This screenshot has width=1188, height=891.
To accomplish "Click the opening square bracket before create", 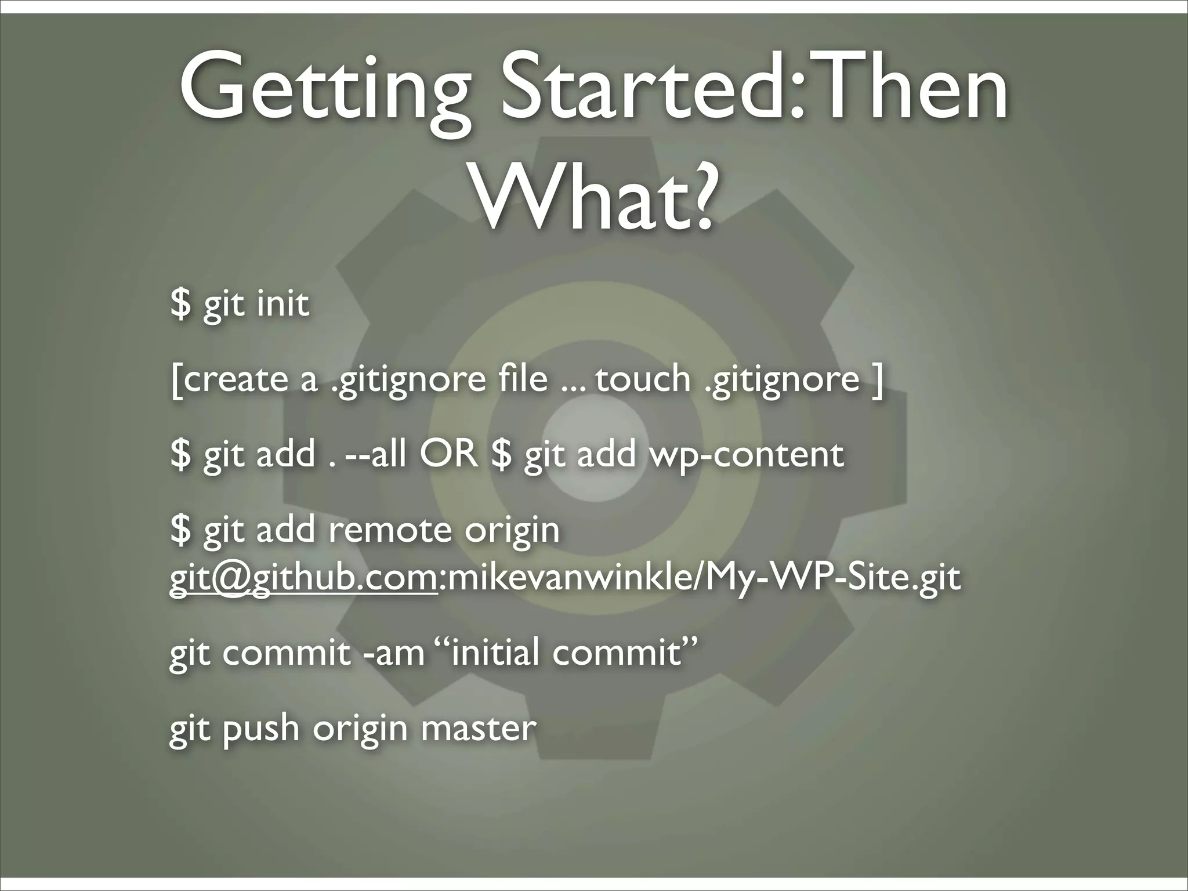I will [x=175, y=380].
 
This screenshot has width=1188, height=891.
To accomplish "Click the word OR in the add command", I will [x=449, y=454].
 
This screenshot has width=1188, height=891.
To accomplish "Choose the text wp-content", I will [x=747, y=455].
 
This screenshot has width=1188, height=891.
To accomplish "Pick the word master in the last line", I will [x=478, y=728].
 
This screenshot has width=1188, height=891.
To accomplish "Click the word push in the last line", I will [x=261, y=729].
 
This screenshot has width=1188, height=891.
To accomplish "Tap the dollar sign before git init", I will [x=180, y=303].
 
